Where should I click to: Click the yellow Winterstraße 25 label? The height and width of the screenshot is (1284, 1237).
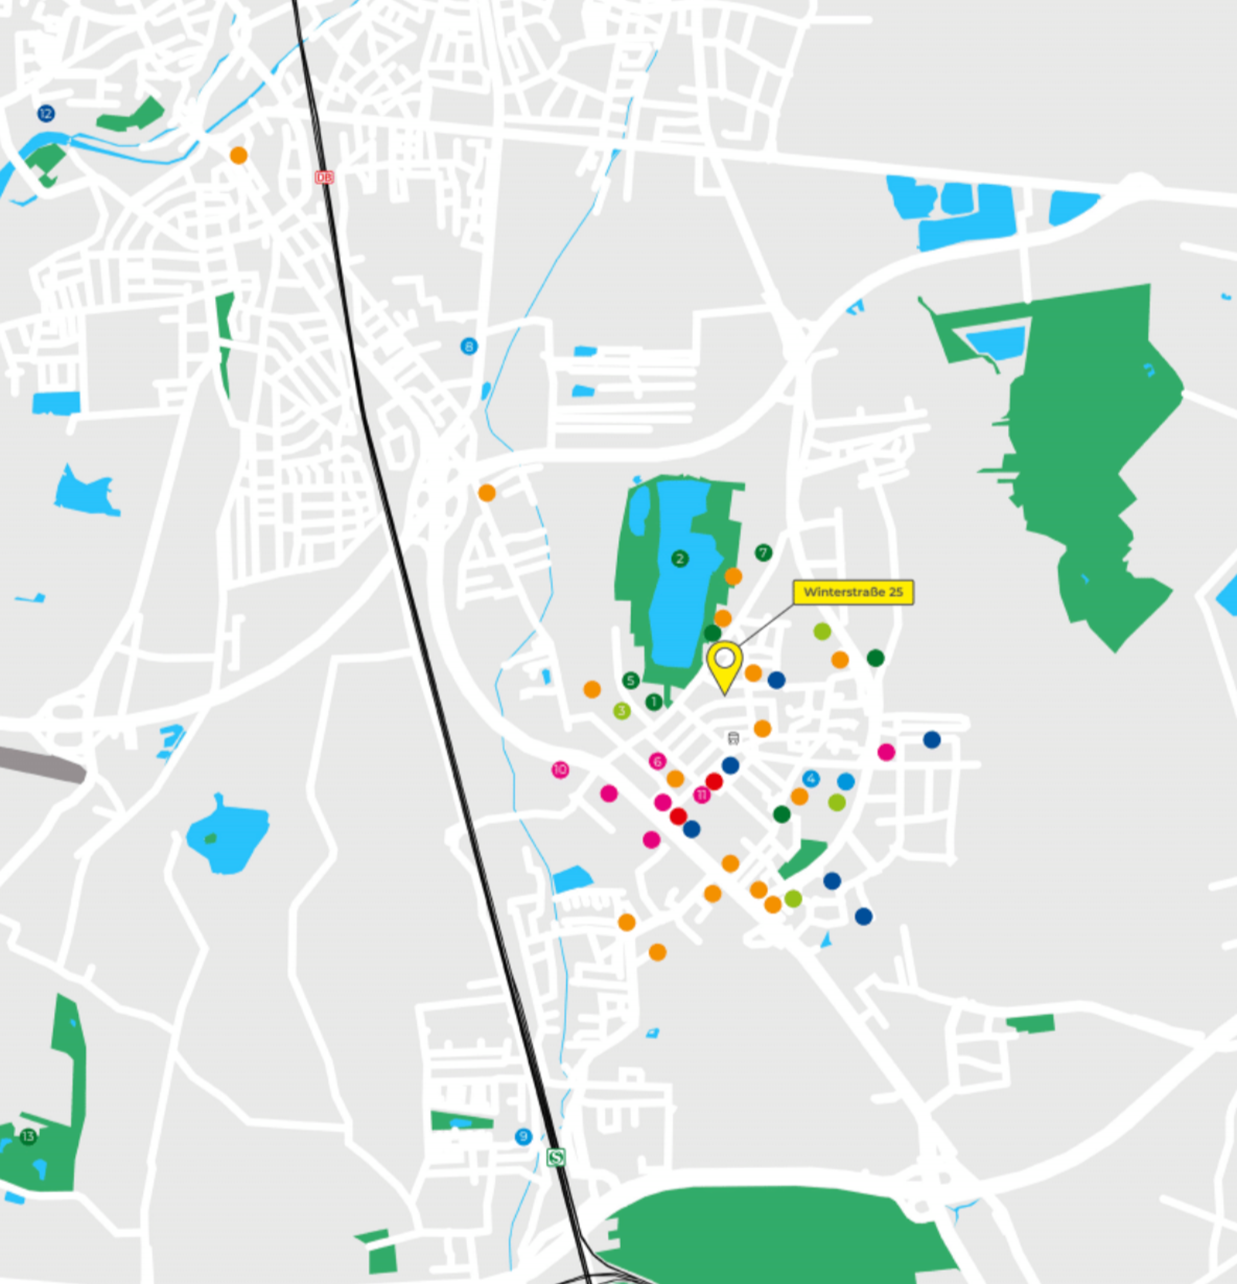(x=853, y=592)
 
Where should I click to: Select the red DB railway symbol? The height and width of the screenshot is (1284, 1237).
(x=324, y=177)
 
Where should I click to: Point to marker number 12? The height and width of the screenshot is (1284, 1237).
(x=45, y=114)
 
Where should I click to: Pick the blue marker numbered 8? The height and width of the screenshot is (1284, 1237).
(x=469, y=346)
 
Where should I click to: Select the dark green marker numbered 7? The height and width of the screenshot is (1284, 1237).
(x=763, y=552)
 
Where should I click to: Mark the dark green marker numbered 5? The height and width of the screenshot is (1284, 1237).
(x=631, y=680)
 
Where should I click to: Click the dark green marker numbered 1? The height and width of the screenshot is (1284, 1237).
(x=653, y=702)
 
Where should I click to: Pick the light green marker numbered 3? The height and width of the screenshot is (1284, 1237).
(x=622, y=710)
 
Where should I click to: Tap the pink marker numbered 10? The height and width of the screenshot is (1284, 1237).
(x=560, y=770)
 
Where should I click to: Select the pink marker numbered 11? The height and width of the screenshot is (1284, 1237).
(x=702, y=794)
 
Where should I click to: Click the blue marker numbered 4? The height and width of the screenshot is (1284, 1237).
(x=811, y=778)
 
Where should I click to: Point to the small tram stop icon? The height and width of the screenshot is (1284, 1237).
(x=733, y=738)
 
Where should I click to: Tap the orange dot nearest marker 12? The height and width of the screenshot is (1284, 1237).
(x=239, y=155)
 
